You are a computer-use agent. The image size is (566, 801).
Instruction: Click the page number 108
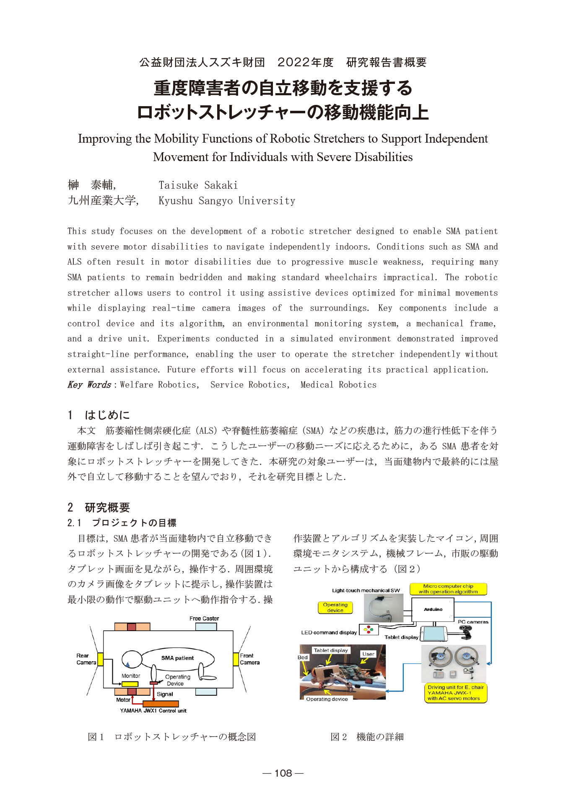tap(283, 773)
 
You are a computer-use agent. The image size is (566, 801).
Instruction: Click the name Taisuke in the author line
tap(178, 185)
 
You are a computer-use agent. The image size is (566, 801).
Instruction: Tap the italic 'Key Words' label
tap(89, 385)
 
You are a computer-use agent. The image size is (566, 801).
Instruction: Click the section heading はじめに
tap(107, 415)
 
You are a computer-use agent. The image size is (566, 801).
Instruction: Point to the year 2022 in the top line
tap(294, 63)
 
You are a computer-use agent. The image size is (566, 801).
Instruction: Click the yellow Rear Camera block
tap(100, 659)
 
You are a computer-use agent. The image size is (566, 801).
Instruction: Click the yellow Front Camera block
tap(236, 659)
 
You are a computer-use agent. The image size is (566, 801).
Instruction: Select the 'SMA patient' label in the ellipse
tap(177, 658)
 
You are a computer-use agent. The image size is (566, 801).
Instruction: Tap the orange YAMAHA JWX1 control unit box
tap(161, 704)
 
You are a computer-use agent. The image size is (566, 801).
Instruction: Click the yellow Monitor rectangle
tap(130, 684)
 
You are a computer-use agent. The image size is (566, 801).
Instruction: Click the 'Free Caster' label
tap(204, 618)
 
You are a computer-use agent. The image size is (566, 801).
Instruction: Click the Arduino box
tap(433, 609)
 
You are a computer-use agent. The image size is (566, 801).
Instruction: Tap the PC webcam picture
tap(465, 631)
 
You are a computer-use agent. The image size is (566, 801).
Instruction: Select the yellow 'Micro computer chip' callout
tap(448, 589)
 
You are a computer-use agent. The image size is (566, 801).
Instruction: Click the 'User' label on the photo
tap(368, 654)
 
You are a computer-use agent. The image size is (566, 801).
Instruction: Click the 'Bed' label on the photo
tap(303, 657)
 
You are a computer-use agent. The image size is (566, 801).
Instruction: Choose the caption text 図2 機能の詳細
tap(367, 737)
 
